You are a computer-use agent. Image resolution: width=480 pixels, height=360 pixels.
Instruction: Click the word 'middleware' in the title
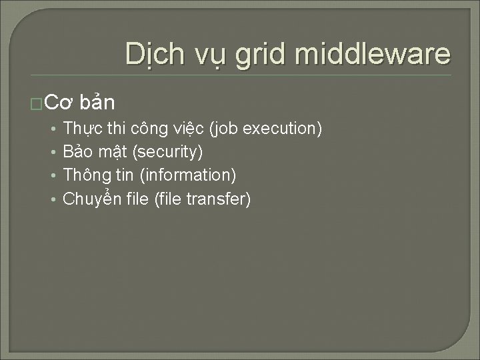(x=373, y=54)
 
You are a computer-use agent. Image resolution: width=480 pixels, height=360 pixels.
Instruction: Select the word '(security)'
(x=167, y=153)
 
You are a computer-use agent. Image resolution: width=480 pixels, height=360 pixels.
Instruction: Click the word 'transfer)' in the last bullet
(x=221, y=199)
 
